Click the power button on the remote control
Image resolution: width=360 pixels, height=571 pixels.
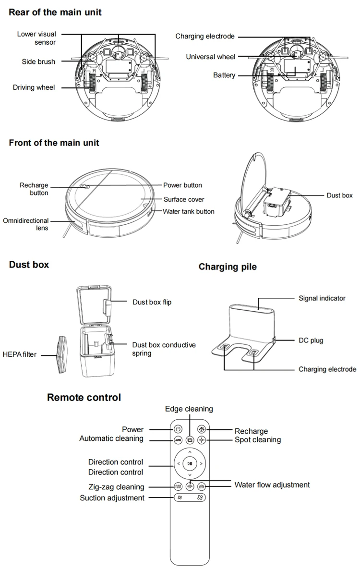coord(178,429)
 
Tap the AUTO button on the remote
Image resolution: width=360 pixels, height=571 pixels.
coord(178,440)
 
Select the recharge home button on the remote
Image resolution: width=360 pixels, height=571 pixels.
coord(202,429)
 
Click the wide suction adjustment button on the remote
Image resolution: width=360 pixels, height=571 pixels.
coord(190,498)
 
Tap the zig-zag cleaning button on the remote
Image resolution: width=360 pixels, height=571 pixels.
coord(178,486)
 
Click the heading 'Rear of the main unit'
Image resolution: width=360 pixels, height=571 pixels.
coord(55,12)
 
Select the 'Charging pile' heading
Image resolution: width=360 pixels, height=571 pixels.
coord(228,267)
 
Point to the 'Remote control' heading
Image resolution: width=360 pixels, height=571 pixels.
coord(84,397)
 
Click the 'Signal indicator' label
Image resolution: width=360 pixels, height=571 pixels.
coord(322,298)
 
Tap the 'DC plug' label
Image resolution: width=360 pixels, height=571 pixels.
coord(311,340)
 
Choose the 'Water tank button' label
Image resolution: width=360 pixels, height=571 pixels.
coord(189,211)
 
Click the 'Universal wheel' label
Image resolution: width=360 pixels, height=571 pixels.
coord(211,57)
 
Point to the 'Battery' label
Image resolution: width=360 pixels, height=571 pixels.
coord(224,75)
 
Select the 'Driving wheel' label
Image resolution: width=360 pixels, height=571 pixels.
coord(34,87)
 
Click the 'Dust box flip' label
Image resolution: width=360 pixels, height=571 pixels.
coord(152,302)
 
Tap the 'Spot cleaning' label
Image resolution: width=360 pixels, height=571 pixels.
coord(257,440)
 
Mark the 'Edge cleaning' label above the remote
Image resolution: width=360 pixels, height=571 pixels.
coord(189,409)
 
